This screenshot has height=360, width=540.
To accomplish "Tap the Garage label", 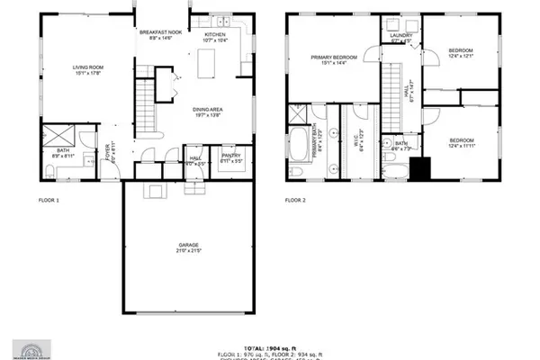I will [x=188, y=247].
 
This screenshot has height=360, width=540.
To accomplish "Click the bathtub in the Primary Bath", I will [x=299, y=142].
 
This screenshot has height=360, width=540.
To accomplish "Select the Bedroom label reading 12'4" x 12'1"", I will [x=461, y=53].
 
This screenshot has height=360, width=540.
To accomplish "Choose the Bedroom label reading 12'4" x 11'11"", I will [x=461, y=143].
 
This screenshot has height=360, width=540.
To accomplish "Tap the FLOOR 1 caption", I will [x=49, y=200].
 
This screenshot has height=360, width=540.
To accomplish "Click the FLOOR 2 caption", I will [x=296, y=200].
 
